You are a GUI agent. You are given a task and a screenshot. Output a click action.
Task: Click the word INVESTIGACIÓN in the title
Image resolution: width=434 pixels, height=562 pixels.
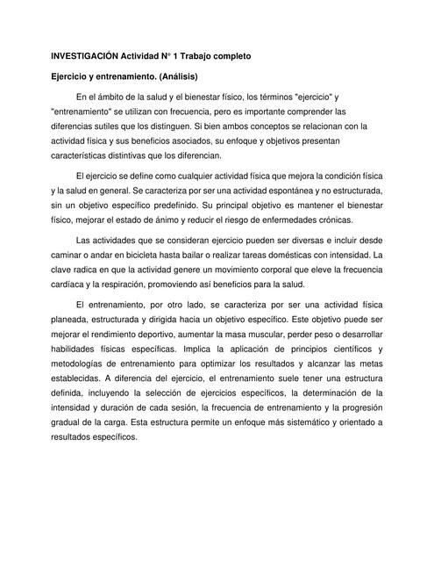click(x=86, y=56)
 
